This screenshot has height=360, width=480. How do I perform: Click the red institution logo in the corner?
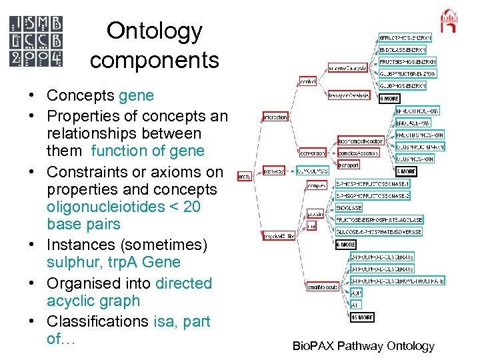click(x=450, y=21)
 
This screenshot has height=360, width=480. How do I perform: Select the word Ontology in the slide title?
click(x=154, y=31)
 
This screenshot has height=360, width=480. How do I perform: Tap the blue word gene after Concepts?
click(x=136, y=96)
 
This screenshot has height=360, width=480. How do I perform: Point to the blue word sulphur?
click(x=70, y=262)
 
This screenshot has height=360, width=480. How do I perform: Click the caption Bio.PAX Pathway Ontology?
click(x=363, y=346)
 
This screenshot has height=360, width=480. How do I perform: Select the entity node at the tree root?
click(x=245, y=176)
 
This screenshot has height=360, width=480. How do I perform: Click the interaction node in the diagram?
click(x=275, y=117)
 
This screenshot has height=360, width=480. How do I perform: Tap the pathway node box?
click(x=274, y=170)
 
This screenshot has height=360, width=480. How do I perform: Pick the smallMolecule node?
click(x=322, y=287)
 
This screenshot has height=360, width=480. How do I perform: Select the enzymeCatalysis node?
click(x=346, y=68)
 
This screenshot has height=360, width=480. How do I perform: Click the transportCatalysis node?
click(x=348, y=95)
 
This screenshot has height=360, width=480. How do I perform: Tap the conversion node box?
click(x=312, y=152)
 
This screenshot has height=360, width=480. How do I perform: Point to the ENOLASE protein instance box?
click(x=349, y=208)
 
